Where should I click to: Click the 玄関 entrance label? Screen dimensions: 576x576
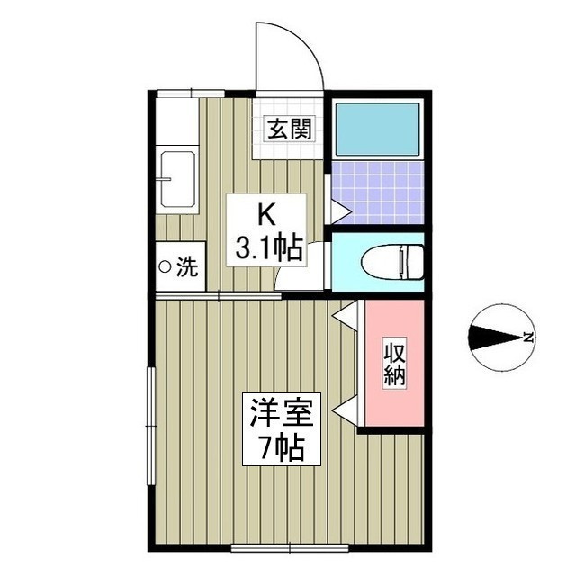tap(290, 129)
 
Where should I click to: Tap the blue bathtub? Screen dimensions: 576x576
tap(378, 130)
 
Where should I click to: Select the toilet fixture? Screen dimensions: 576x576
tap(392, 263)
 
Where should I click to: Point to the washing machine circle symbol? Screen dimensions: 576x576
tap(165, 266)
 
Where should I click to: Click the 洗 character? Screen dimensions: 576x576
tap(188, 266)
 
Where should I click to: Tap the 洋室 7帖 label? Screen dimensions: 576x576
tap(282, 429)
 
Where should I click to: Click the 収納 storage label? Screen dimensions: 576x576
tap(395, 362)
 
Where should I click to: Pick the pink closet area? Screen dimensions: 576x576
tap(395, 363)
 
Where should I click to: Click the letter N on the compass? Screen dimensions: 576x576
tap(528, 337)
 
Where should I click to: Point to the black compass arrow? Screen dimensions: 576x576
tap(497, 337)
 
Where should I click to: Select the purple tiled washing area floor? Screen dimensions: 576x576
tap(378, 193)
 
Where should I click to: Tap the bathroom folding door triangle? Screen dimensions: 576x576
tap(341, 211)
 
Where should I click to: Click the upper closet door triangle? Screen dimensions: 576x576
tap(346, 314)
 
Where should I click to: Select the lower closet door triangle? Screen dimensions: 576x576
tap(346, 408)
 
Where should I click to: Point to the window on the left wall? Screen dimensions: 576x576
tap(150, 426)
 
